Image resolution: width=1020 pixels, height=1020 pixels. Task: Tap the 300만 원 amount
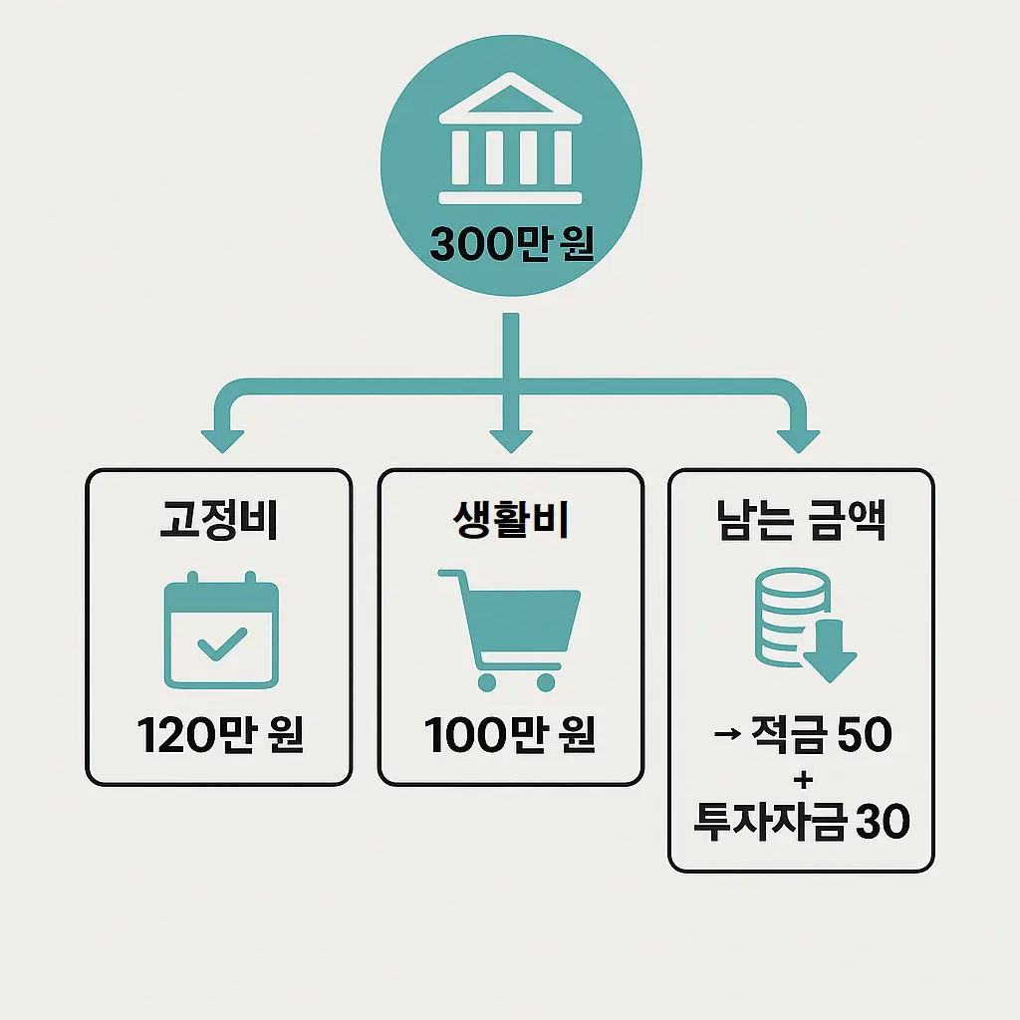[x=512, y=244]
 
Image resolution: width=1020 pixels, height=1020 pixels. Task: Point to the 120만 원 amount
[x=220, y=737]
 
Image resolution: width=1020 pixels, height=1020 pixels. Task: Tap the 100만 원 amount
[x=510, y=737]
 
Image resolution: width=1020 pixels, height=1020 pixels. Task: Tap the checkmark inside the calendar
[x=221, y=644]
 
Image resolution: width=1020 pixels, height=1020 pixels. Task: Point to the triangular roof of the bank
[x=512, y=100]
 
